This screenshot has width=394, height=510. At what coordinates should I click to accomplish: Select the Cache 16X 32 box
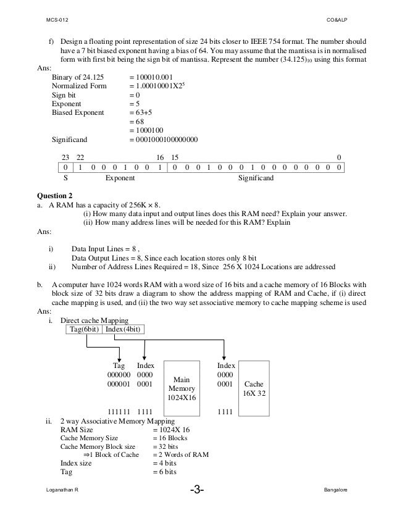coord(254,387)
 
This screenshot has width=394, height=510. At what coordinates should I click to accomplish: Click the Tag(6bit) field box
coord(83,328)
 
